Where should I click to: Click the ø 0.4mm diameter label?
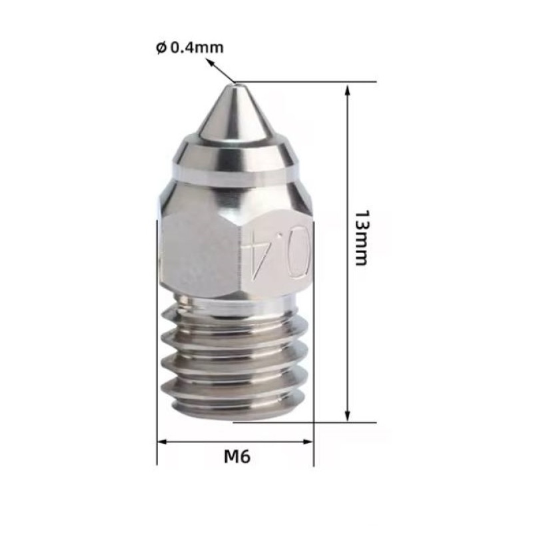190,48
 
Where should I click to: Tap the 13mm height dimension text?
360,238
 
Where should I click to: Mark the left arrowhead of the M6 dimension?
163,441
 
